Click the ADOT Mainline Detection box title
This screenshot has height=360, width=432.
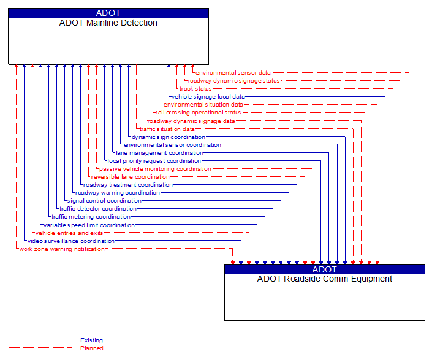pos(108,23)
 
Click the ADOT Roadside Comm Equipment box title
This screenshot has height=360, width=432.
pos(324,279)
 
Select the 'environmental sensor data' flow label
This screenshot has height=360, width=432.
pos(233,73)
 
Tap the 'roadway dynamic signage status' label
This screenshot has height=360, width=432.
pos(233,81)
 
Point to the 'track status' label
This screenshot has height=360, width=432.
pos(195,89)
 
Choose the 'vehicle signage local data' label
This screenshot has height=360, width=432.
pos(208,97)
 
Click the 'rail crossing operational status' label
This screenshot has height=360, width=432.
pos(199,113)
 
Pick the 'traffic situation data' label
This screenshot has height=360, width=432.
pos(167,129)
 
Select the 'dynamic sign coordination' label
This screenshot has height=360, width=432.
pos(169,137)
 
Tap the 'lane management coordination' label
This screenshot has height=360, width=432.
pos(159,153)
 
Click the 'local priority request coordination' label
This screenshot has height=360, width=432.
pos(154,161)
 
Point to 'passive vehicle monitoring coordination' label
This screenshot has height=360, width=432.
pos(155,169)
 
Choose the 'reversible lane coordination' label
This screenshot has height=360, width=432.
pos(131,177)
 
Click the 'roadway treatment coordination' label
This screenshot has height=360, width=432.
pos(128,185)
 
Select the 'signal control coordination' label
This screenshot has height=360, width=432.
pos(104,201)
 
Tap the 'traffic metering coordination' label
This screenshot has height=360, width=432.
pos(91,217)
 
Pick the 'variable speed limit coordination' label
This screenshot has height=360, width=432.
pos(89,225)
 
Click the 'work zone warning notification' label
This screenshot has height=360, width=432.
pos(62,249)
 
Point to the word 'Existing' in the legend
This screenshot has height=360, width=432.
pos(91,340)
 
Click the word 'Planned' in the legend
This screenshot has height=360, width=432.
pos(91,348)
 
